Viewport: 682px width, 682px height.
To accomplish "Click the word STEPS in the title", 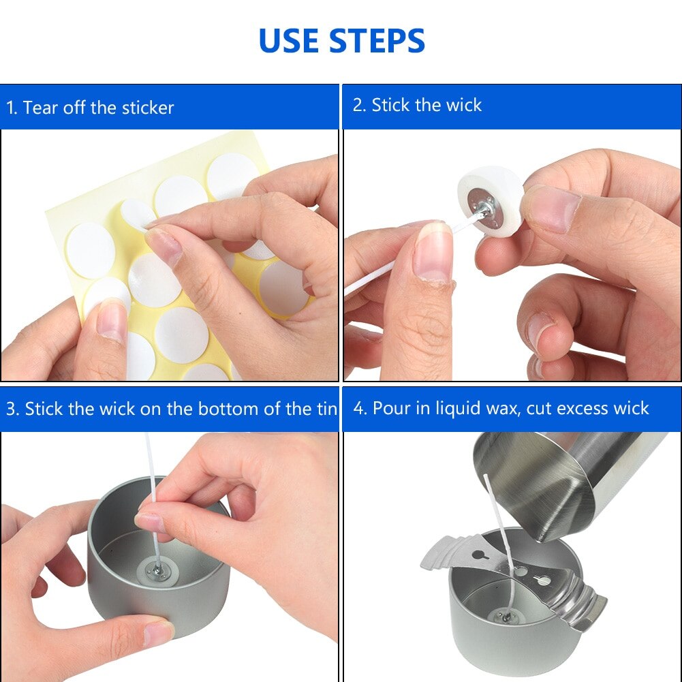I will click(377, 41).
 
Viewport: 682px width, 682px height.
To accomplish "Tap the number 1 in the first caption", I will click(10, 108).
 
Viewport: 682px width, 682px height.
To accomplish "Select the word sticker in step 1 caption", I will click(147, 108).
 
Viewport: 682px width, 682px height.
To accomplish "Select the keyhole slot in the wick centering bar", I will click(542, 581).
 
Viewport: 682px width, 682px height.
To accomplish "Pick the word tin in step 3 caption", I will click(327, 409).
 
